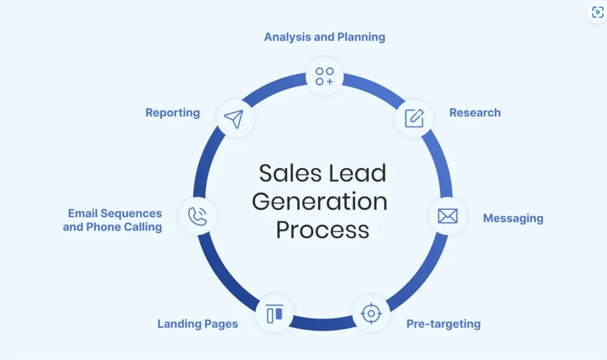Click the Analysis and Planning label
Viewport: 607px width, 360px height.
tap(324, 37)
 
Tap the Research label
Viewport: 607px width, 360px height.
tap(475, 113)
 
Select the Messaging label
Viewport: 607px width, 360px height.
tap(513, 218)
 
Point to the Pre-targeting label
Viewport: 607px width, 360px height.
tap(443, 324)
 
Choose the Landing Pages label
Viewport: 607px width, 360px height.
tap(197, 324)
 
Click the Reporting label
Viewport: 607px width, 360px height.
tap(172, 113)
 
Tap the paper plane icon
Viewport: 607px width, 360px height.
tap(234, 119)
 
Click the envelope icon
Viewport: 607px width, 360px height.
tap(447, 216)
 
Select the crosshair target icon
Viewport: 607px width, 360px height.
tap(371, 313)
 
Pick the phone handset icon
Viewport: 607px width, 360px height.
tap(197, 216)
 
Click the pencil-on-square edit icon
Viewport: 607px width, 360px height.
tap(414, 118)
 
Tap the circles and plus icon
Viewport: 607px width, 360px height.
tap(324, 76)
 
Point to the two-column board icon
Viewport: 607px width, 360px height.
tap(275, 314)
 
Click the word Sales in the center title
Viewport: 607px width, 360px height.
tap(285, 173)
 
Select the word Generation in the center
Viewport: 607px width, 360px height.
tap(320, 202)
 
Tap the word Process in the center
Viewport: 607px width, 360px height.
tap(322, 230)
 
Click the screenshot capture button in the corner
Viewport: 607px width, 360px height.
tap(597, 12)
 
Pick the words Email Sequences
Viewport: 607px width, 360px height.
tap(115, 213)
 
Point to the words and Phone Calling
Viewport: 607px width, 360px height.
tap(112, 227)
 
